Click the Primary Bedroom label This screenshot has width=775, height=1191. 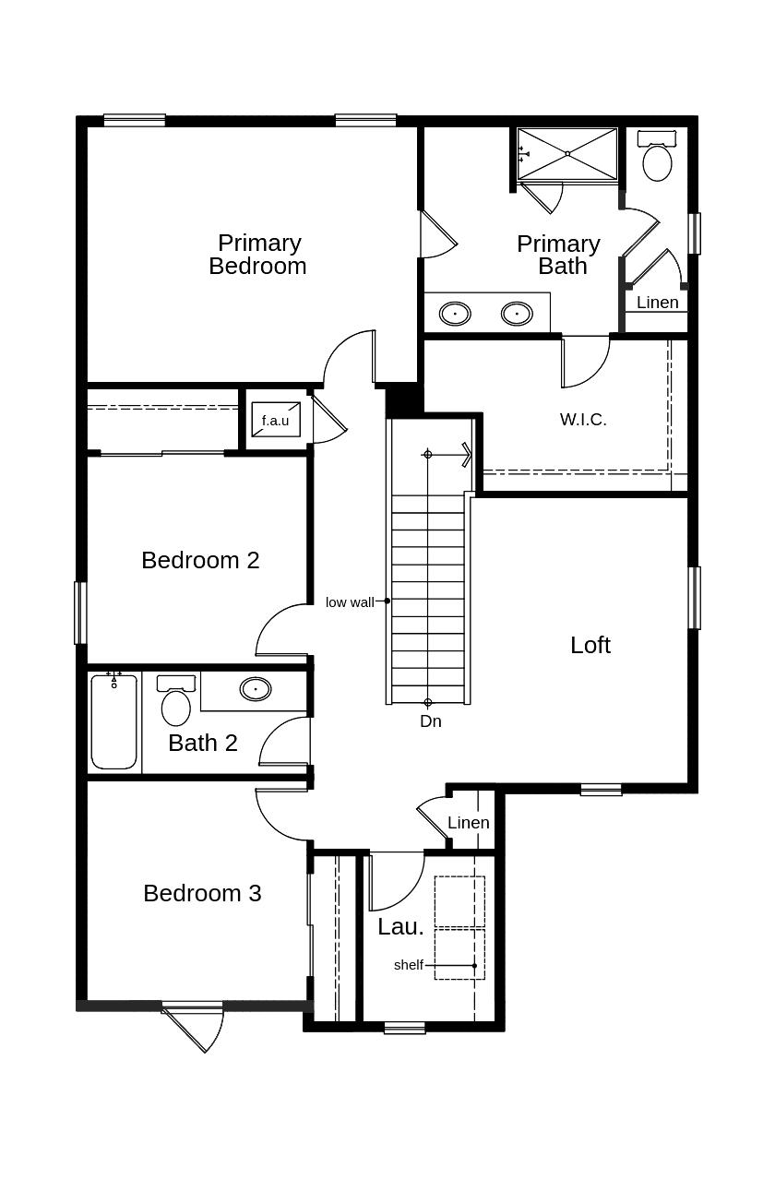tap(257, 255)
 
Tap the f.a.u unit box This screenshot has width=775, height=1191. tap(275, 420)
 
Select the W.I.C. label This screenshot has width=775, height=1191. tap(583, 420)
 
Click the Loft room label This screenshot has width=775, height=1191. tap(590, 645)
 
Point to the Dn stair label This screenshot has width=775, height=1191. tap(431, 721)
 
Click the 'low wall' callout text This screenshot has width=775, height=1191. tap(350, 602)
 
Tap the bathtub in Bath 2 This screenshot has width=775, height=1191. tap(114, 722)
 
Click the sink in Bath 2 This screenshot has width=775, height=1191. tap(256, 689)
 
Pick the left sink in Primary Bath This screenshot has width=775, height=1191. tap(455, 314)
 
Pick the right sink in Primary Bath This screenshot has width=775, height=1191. tap(517, 314)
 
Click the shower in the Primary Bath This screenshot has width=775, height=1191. tap(567, 154)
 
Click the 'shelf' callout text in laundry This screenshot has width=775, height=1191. tap(408, 965)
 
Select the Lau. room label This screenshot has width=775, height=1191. tap(400, 927)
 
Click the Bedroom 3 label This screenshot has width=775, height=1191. tap(202, 893)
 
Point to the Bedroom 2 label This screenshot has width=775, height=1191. tap(200, 560)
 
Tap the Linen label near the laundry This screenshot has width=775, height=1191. tap(469, 823)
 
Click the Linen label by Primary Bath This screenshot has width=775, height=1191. tap(657, 303)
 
